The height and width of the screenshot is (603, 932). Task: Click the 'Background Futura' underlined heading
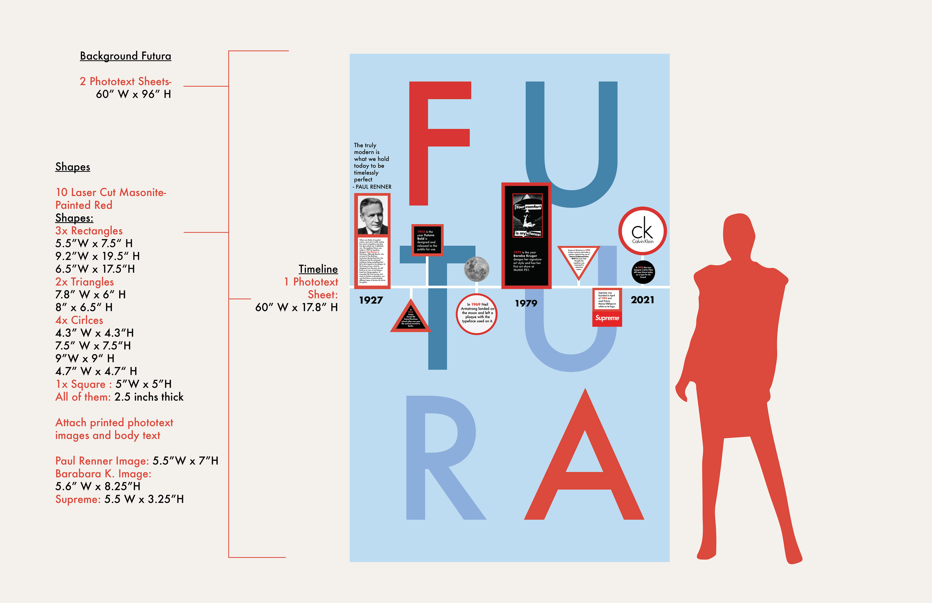(125, 56)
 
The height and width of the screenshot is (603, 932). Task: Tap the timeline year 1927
(371, 300)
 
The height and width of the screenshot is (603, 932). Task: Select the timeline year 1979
(526, 303)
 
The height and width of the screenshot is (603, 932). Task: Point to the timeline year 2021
(642, 300)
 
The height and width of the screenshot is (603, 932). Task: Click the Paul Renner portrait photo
(372, 215)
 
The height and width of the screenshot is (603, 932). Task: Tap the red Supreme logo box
(607, 318)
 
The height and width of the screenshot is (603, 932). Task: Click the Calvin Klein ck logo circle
(642, 231)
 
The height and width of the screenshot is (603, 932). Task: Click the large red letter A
(585, 470)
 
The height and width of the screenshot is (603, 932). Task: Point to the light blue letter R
(439, 458)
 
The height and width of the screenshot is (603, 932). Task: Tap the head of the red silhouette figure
(738, 231)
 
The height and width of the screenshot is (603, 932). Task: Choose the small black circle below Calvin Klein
(643, 272)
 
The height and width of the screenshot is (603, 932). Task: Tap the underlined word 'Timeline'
(318, 269)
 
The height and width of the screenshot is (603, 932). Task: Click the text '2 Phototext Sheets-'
(125, 82)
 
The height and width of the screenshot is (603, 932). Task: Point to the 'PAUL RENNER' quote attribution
(373, 187)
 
